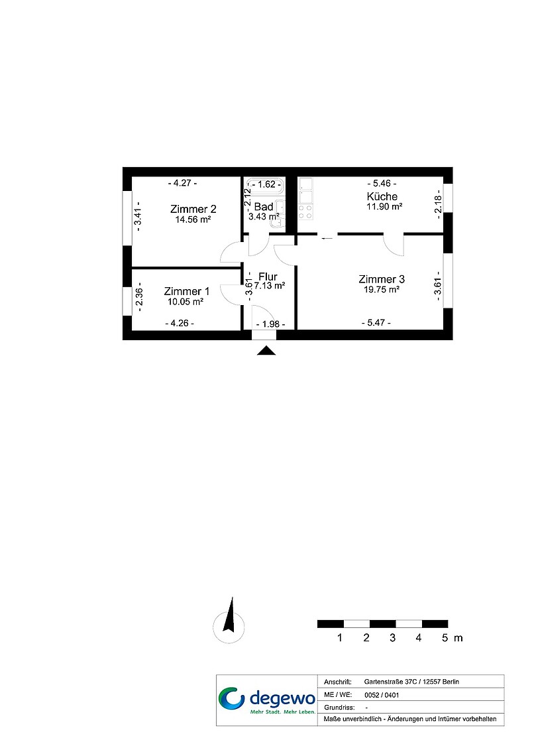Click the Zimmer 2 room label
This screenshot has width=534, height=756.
click(193, 209)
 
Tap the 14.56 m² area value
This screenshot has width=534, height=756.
click(193, 220)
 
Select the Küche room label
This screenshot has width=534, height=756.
click(382, 196)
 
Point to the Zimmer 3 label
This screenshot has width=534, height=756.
click(382, 279)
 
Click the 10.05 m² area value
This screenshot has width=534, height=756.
click(186, 302)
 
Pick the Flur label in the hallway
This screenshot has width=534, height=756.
click(268, 277)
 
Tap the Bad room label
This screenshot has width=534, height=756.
click(264, 207)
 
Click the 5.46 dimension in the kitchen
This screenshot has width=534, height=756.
click(382, 183)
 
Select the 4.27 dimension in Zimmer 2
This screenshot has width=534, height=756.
click(182, 183)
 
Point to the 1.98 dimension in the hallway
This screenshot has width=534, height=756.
click(270, 324)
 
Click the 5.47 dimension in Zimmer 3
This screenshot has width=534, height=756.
click(376, 322)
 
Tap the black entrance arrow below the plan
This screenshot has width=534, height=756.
click(266, 351)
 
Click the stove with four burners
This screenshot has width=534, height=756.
click(305, 212)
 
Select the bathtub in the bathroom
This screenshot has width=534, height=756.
click(265, 186)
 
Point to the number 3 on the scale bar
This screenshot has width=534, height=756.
click(392, 638)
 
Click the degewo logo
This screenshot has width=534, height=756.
click(267, 700)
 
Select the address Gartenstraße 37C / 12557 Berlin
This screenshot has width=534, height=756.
click(411, 682)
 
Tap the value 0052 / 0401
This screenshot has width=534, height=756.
click(382, 695)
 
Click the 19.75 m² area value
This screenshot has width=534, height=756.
click(382, 289)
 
